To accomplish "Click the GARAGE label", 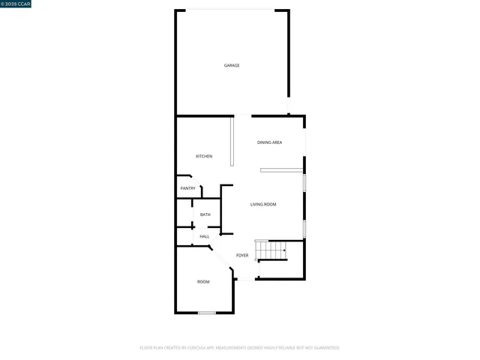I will click(232, 65).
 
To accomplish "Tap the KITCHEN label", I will click(204, 156).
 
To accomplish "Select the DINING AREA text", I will click(269, 142).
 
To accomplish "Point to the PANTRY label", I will click(188, 188).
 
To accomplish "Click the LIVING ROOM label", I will click(263, 204).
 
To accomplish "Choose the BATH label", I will click(205, 214).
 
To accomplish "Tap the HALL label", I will click(204, 236).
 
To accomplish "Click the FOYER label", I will click(242, 256).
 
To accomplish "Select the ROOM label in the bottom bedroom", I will click(203, 282).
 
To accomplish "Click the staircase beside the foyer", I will click(271, 250).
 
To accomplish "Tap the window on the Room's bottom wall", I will click(207, 312).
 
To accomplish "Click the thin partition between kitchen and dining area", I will click(232, 141).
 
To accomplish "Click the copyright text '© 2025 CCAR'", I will click(16, 4).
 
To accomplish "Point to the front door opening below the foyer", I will click(246, 280).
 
